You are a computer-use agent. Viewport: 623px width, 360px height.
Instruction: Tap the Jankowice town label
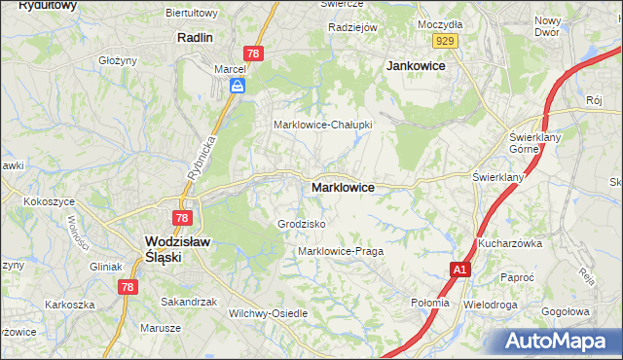[x=416, y=65]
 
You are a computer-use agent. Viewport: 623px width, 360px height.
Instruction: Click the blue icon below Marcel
[x=238, y=87]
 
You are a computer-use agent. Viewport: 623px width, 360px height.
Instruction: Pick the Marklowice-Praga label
[x=340, y=251]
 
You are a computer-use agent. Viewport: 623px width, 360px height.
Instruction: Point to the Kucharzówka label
[x=509, y=243]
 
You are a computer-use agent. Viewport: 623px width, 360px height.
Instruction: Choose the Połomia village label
[x=430, y=303]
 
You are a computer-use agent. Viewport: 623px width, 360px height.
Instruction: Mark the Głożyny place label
[x=118, y=59]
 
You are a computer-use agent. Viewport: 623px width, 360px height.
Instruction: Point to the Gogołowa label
[x=570, y=312]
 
